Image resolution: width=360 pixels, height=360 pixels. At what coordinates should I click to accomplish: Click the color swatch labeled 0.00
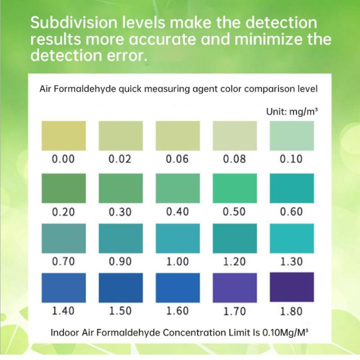coord(63,135)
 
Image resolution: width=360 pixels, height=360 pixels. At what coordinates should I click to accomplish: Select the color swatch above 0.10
coord(291,135)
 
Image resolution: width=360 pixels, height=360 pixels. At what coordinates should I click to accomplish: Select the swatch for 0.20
coord(63,188)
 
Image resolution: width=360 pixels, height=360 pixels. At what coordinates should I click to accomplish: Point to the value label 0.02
coord(120,159)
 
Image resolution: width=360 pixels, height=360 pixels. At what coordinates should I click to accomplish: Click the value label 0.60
coord(291,212)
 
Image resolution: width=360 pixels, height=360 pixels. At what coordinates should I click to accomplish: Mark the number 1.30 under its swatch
coord(291,261)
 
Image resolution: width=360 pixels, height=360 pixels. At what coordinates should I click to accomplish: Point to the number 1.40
coord(63,311)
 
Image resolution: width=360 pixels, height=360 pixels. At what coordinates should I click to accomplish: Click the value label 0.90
coord(120,261)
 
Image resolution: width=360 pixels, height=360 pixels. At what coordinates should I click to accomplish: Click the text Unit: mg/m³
coord(292,112)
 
